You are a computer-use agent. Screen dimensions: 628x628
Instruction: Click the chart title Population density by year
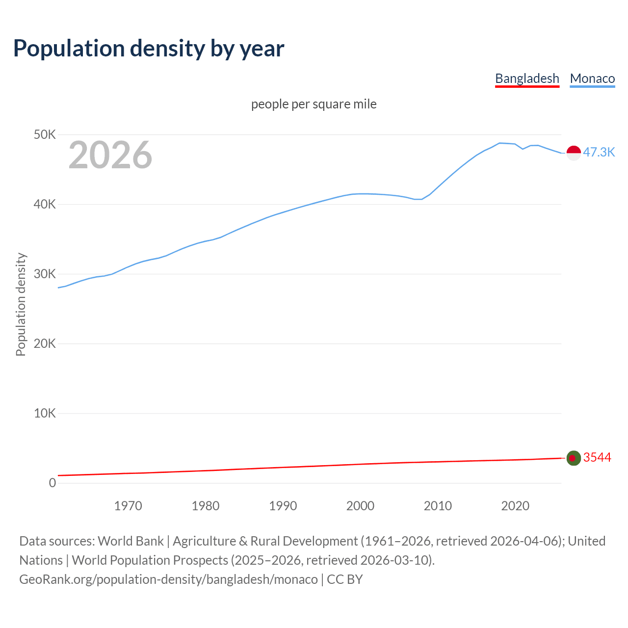pos(149,49)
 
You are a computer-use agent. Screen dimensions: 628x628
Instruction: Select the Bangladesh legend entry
pos(527,78)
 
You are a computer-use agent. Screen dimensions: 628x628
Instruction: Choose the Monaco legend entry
pos(592,78)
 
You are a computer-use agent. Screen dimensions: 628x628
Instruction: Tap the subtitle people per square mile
pos(314,104)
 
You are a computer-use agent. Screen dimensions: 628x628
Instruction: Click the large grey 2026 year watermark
pos(110,155)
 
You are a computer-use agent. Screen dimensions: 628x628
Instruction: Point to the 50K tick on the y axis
pos(45,134)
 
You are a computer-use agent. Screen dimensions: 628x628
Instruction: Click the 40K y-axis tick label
pos(45,204)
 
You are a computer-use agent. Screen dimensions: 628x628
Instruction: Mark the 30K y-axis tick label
pos(45,274)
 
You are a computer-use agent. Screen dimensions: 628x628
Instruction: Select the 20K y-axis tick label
pos(45,343)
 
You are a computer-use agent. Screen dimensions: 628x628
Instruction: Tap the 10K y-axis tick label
pos(45,413)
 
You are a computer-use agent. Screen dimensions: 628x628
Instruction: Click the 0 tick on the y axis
pos(52,483)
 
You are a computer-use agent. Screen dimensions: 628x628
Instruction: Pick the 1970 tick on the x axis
pos(128,506)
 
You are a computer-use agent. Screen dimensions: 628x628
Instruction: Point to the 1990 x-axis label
pos(283,506)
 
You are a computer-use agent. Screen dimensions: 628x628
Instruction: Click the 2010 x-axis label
pos(438,506)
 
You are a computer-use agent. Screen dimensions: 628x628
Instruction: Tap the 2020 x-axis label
pos(515,506)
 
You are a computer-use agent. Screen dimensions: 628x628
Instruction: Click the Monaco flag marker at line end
pos(574,153)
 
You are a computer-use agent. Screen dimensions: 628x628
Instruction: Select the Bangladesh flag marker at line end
pos(574,458)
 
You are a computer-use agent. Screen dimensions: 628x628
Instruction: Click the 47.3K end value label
pos(599,152)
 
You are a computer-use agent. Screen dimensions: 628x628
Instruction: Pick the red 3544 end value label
pos(597,457)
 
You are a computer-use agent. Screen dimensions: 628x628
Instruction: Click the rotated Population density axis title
pos(21,304)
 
